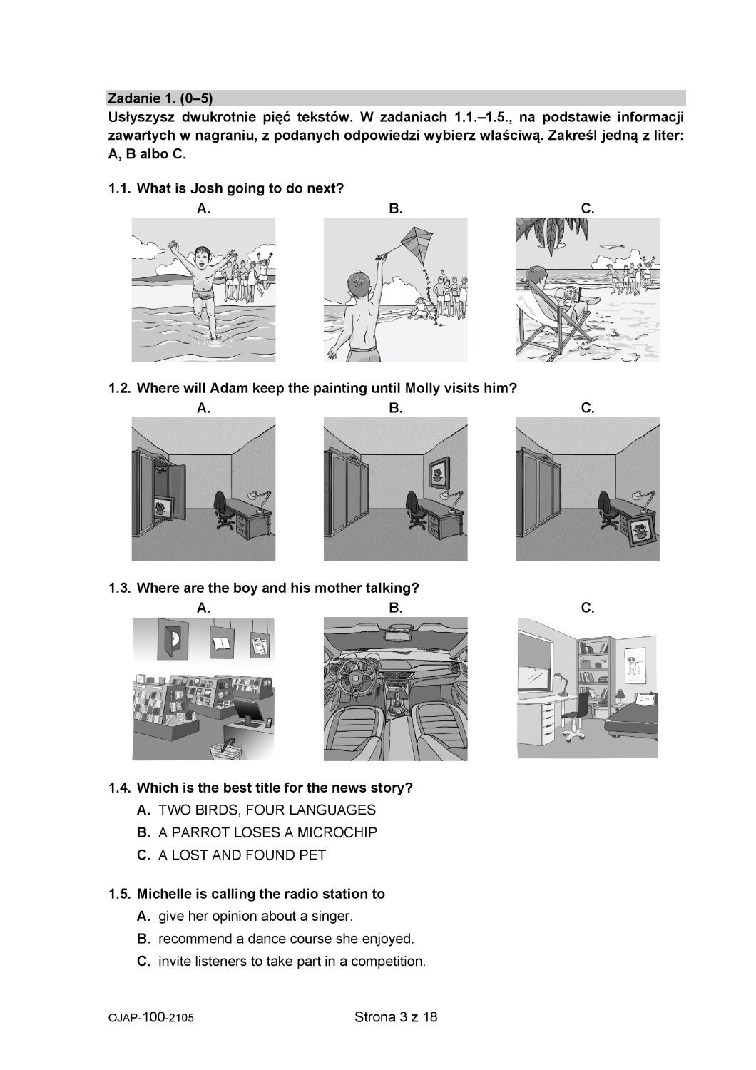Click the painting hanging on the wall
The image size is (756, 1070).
point(439,472)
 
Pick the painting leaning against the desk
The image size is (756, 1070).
point(641,531)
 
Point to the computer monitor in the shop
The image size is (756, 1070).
point(250,713)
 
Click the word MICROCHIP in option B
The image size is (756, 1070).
point(337,832)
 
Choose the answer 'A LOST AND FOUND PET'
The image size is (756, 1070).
point(242,855)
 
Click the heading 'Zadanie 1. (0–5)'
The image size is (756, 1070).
point(160,98)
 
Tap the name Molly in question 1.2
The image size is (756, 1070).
point(422,388)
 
